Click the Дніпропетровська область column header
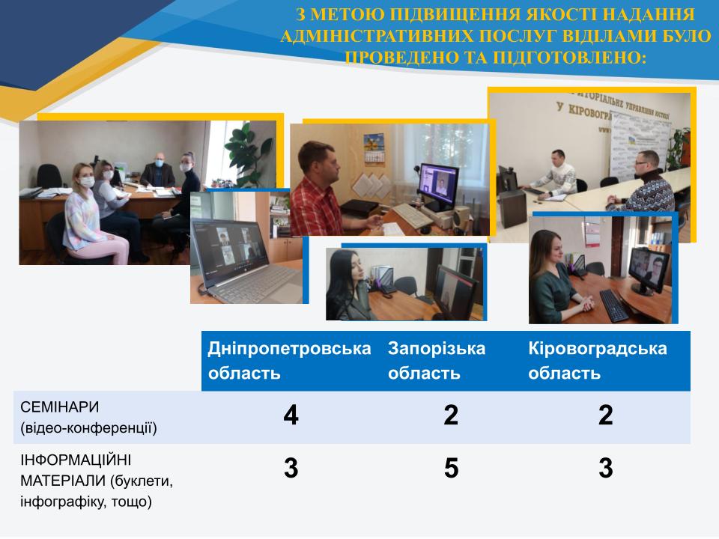pos(289,361)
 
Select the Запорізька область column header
pos(437,361)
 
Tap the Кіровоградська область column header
pos(598,361)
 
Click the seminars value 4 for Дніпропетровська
pos(291,415)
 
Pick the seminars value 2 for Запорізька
pos(451,415)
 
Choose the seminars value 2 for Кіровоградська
pos(606,415)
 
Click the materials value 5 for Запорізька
pos(451,469)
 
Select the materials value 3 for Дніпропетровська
pos(291,469)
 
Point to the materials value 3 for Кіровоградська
pos(606,469)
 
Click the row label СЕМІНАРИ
pos(60,407)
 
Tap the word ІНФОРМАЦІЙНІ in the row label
pos(76,460)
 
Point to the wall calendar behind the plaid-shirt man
pos(374,148)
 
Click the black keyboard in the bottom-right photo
pos(614,305)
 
